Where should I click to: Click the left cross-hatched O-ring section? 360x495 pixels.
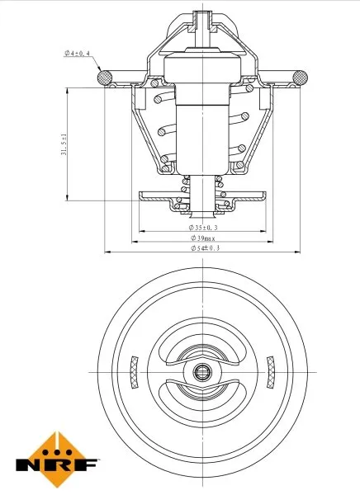pos(106,78)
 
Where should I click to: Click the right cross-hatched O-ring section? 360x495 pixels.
pos(295,78)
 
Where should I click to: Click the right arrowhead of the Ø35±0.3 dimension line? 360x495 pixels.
pos(261,227)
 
